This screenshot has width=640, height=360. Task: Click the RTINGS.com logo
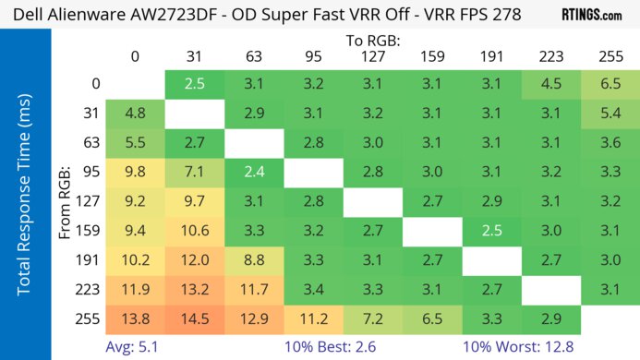click(x=591, y=15)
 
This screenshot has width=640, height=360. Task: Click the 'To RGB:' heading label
click(x=373, y=41)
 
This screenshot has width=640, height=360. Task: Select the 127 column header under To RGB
click(x=373, y=57)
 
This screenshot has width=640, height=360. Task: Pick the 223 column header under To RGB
click(x=550, y=57)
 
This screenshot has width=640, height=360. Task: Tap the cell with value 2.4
click(x=253, y=171)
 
